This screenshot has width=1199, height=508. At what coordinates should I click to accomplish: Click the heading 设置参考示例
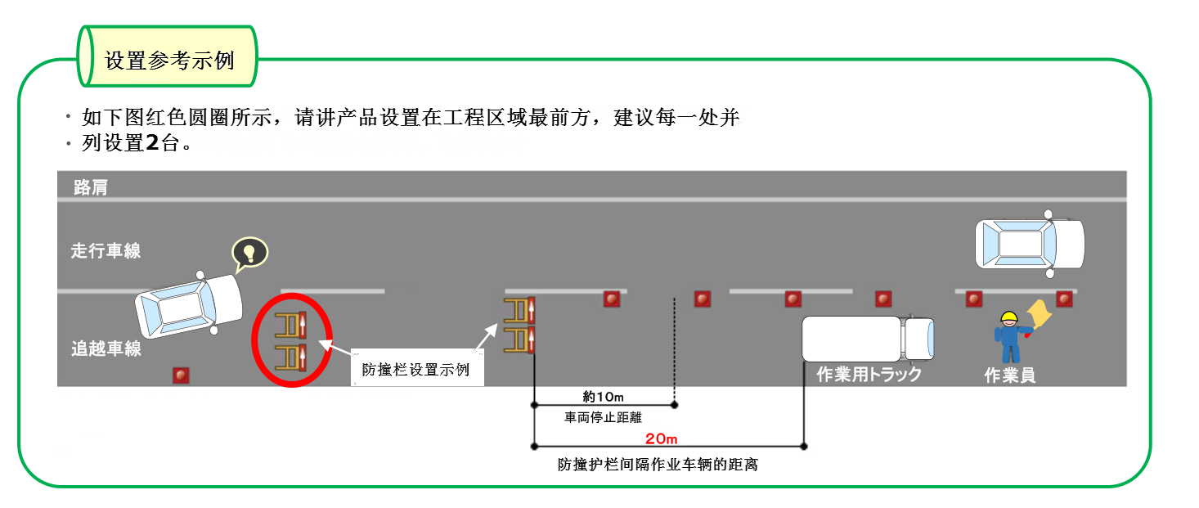pos(169,60)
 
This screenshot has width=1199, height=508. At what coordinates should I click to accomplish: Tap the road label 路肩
pos(90,187)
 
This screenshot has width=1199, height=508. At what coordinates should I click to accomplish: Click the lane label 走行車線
pos(106,250)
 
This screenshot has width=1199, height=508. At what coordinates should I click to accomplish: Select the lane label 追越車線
pos(106,349)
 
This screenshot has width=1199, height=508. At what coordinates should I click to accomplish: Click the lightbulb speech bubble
pos(249,254)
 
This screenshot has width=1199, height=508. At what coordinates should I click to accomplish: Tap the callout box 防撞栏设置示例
pos(416,369)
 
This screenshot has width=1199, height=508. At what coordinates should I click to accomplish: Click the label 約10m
pos(604,397)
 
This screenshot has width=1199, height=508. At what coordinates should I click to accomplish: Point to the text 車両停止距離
pos(603,417)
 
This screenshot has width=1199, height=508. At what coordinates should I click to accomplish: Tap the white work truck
pos(866,339)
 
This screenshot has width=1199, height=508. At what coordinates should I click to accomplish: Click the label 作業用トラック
pos(869,375)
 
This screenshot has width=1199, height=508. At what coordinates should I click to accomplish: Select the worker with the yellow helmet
pos(1009,337)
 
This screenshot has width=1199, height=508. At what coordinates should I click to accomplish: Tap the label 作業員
pos(1009,375)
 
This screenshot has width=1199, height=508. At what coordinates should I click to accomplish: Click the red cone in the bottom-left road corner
pos(181,375)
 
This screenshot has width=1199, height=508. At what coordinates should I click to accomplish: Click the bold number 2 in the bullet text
pos(152,144)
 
